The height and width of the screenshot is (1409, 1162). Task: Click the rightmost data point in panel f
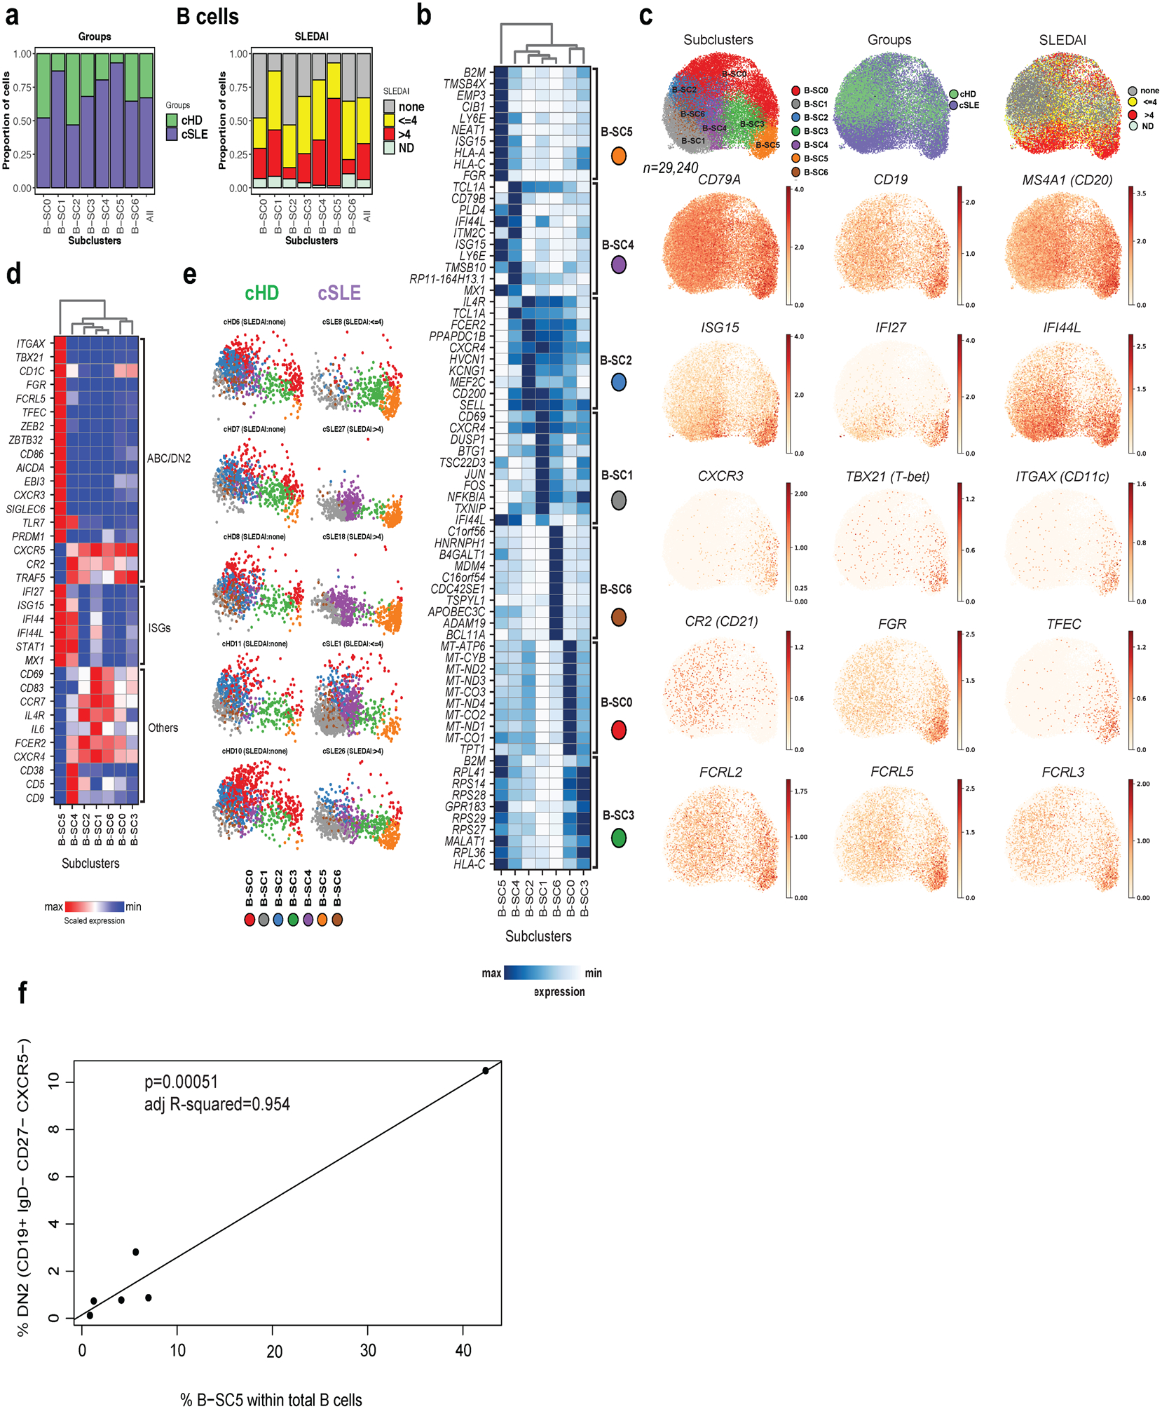(x=485, y=1070)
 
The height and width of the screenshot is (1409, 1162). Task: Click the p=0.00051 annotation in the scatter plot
(x=181, y=1082)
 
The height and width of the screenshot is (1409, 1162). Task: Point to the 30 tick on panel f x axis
(x=368, y=1350)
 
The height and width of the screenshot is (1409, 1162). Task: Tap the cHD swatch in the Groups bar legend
(x=172, y=121)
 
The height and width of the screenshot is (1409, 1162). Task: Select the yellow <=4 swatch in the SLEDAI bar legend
(x=389, y=121)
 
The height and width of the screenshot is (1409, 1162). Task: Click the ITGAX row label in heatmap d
(x=31, y=343)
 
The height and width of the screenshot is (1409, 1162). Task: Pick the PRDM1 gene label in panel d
(x=29, y=536)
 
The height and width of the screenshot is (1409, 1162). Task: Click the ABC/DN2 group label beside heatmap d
(x=169, y=458)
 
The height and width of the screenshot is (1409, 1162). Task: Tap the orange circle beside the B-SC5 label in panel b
(x=618, y=156)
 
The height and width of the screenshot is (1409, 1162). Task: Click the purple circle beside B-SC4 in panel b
(x=618, y=265)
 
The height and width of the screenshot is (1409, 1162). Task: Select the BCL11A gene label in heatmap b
(x=465, y=634)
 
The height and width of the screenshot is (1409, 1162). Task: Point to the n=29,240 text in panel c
(x=671, y=168)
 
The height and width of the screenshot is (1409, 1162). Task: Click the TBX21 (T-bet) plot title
(x=887, y=477)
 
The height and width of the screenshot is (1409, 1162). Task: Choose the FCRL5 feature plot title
(x=891, y=772)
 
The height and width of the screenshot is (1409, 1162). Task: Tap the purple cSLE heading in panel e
(x=339, y=293)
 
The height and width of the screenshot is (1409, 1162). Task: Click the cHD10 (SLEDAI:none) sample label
(x=254, y=751)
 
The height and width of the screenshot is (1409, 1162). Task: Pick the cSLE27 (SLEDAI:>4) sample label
(x=353, y=429)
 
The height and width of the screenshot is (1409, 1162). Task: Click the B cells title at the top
(x=207, y=17)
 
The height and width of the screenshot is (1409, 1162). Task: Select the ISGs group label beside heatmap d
(x=159, y=628)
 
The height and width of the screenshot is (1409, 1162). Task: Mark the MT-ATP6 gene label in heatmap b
(x=463, y=646)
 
